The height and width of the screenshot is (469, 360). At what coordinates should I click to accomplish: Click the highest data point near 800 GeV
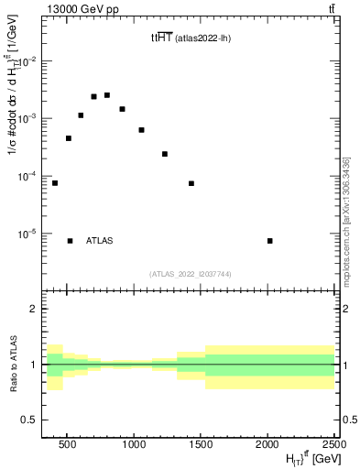point(107,95)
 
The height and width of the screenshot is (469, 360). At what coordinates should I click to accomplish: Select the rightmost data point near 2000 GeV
point(269,241)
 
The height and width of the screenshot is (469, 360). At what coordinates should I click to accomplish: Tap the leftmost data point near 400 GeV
point(55,183)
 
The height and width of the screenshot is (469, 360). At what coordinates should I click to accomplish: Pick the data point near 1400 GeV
point(191,183)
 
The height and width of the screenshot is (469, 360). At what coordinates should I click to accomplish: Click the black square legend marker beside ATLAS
point(70,241)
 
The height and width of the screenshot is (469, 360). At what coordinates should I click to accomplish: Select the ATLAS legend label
point(100,241)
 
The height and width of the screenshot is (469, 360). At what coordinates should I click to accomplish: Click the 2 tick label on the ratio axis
point(37,309)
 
